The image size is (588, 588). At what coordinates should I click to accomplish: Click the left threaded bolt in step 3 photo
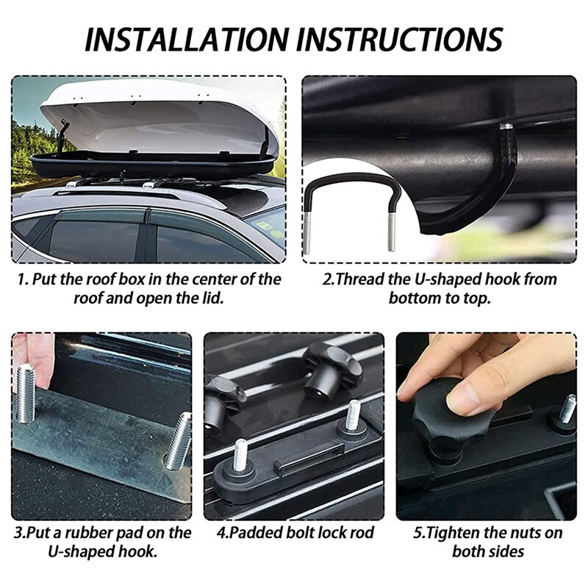point(26,393)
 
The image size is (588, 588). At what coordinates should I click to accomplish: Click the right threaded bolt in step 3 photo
point(179,441)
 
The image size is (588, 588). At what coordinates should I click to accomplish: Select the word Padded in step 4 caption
point(260,532)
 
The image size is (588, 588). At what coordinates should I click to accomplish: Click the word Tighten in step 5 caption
point(465,532)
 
